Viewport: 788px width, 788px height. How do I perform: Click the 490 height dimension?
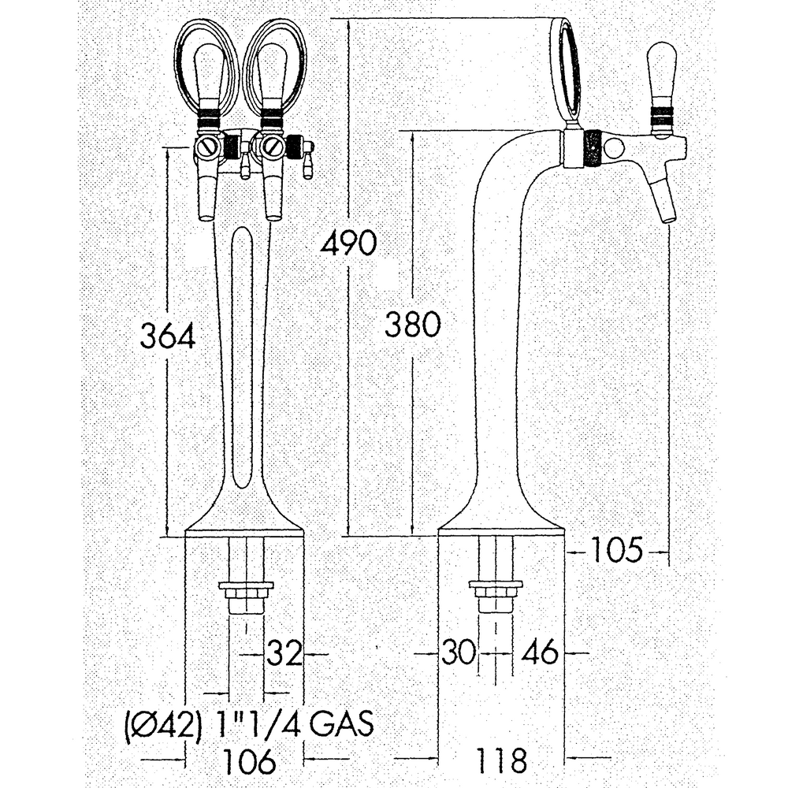click(x=349, y=243)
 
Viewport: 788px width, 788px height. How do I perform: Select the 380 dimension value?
click(x=413, y=325)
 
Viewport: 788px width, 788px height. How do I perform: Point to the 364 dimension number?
click(x=167, y=336)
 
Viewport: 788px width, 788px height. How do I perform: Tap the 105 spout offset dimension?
click(x=617, y=549)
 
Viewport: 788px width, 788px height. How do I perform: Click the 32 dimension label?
click(x=284, y=654)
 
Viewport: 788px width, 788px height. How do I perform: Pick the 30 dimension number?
click(x=459, y=652)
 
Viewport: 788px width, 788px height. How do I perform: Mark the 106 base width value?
click(x=250, y=761)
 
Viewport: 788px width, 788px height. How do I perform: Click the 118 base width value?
click(x=501, y=761)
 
